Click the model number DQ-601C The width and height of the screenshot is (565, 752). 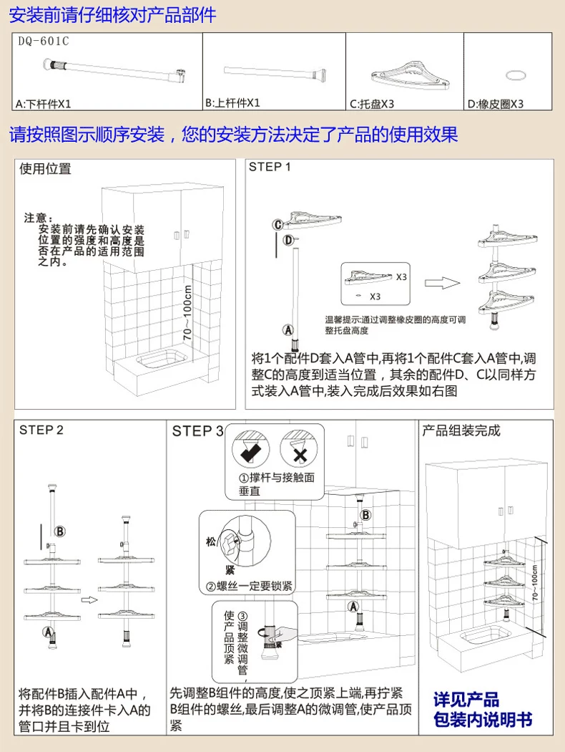[44, 41]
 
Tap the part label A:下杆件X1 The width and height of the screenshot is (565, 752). [44, 104]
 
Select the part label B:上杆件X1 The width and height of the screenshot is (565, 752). [233, 103]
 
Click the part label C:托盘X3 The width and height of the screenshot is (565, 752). [372, 104]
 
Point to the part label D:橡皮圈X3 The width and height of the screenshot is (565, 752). [496, 104]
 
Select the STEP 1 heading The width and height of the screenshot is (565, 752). [270, 167]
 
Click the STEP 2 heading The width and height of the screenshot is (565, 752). [41, 430]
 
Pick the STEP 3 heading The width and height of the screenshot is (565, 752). [197, 431]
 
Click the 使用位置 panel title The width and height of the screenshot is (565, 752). [46, 169]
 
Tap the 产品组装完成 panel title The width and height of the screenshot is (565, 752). [461, 430]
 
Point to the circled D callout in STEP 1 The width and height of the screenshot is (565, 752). [288, 240]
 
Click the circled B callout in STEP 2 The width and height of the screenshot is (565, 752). [60, 531]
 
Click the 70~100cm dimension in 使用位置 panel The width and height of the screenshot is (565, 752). [189, 312]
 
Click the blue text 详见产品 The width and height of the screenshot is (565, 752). [466, 700]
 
